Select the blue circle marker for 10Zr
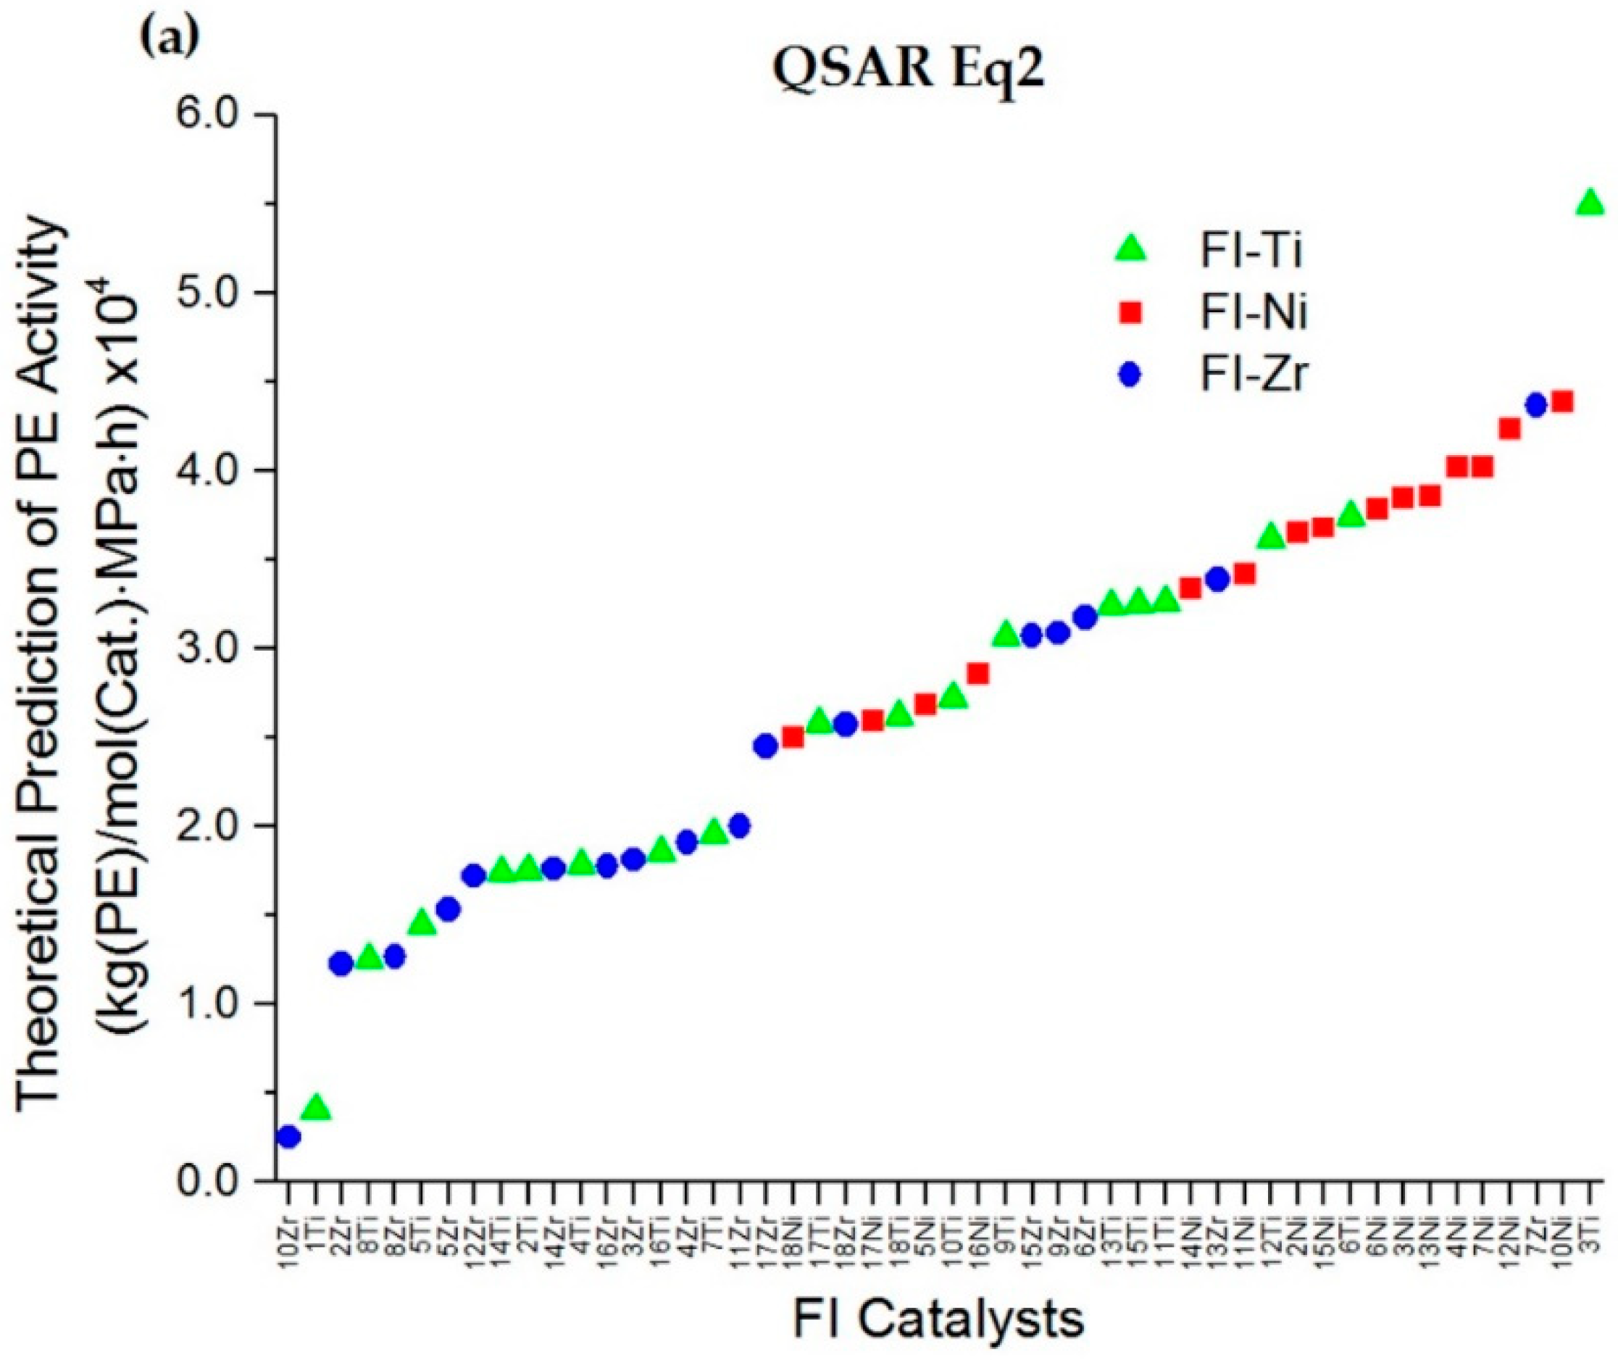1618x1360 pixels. tap(288, 1137)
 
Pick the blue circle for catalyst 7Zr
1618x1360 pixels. tap(1536, 406)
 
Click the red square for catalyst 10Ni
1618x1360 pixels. tap(1561, 401)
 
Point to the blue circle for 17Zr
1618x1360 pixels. tap(765, 746)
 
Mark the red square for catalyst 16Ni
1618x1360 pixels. tap(977, 674)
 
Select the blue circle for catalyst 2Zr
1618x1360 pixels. tap(341, 964)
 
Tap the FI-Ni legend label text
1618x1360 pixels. tap(1253, 314)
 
